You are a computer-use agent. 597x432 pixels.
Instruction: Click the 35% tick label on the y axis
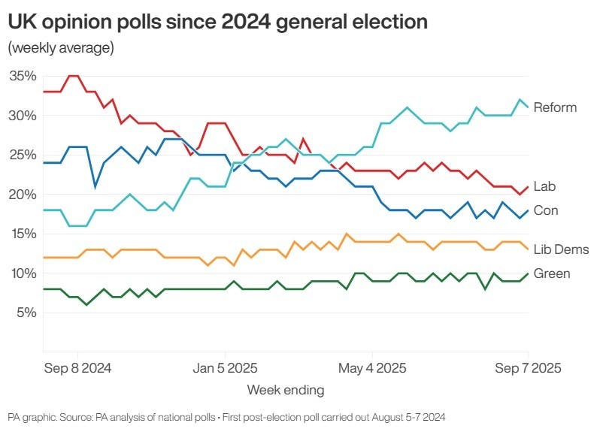tap(23, 76)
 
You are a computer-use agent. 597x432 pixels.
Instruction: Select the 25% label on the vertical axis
tap(23, 155)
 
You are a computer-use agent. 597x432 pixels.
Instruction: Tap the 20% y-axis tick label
tap(23, 194)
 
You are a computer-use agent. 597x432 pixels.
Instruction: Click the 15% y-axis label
tap(23, 234)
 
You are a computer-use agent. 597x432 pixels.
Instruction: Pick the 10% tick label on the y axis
tap(23, 273)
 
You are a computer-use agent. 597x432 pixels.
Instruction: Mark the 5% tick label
tap(26, 312)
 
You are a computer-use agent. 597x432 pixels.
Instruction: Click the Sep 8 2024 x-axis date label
tap(77, 368)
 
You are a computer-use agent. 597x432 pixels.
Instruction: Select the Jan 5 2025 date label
tap(225, 368)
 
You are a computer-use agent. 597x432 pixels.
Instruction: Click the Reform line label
tap(555, 107)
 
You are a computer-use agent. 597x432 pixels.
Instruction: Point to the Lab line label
tap(544, 186)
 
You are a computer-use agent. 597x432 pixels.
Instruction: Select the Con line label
tap(546, 210)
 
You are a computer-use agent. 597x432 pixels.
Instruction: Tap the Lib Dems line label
tap(561, 249)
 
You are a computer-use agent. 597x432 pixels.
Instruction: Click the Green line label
tap(551, 273)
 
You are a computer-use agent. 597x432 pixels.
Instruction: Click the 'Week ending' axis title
tap(286, 390)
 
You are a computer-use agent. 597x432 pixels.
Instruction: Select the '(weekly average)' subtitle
tap(61, 49)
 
